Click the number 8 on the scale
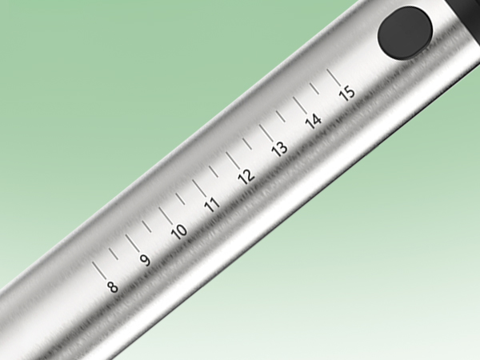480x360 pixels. click(x=112, y=287)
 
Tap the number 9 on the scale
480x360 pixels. click(x=146, y=260)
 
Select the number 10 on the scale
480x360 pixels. click(x=179, y=232)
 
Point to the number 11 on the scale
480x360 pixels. click(x=213, y=205)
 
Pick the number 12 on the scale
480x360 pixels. click(x=246, y=177)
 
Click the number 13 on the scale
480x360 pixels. click(x=280, y=150)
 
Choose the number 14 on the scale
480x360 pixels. click(x=314, y=122)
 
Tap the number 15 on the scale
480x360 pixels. click(x=347, y=94)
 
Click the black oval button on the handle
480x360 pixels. click(x=405, y=33)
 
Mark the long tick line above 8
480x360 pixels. click(x=99, y=270)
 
